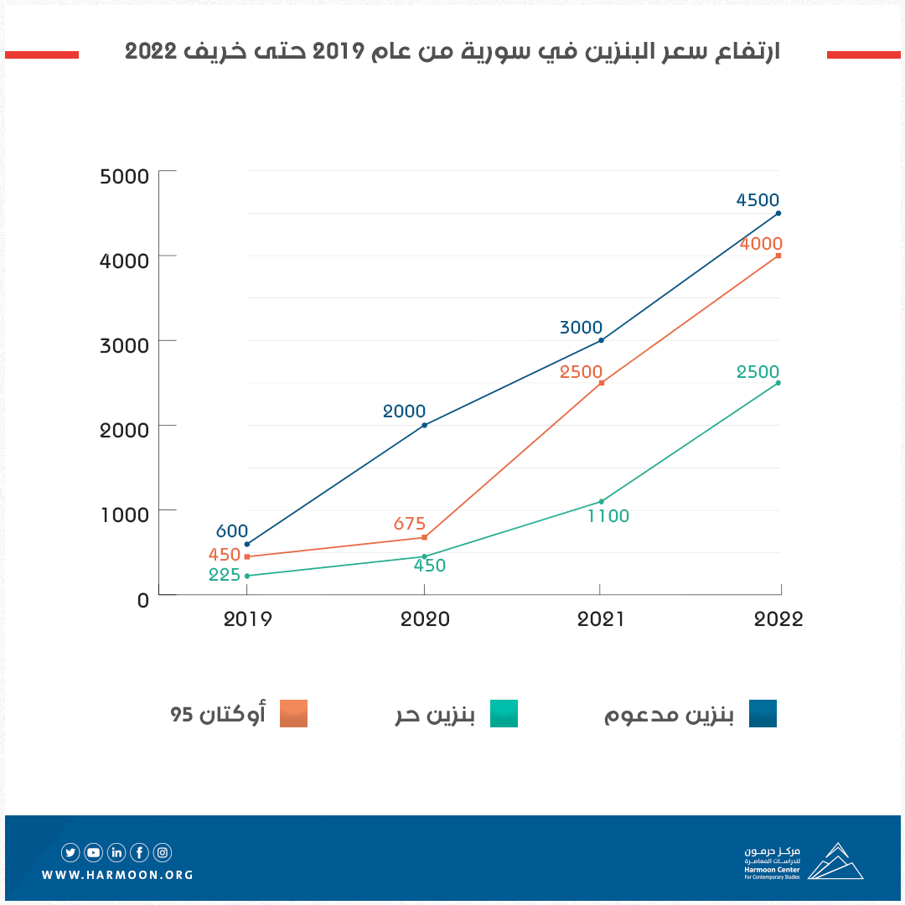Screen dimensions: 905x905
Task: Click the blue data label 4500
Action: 758,200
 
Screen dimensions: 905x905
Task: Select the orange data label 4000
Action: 761,244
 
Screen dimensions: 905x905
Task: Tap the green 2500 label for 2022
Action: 758,371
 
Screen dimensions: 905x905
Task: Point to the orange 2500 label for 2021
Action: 581,371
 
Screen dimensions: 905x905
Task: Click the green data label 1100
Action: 608,516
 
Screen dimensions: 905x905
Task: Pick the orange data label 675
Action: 410,524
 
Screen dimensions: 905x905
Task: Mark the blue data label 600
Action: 232,530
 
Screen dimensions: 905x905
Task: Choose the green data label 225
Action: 225,575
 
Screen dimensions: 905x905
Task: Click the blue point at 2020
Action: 425,425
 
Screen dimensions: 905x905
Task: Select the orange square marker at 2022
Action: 778,256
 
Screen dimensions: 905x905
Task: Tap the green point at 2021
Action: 602,501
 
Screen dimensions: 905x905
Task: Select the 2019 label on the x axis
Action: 247,619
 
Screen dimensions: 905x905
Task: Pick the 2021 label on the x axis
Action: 601,619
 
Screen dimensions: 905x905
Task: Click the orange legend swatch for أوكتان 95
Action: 294,713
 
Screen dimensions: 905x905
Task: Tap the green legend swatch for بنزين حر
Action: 504,713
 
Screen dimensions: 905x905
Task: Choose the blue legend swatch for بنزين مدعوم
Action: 763,713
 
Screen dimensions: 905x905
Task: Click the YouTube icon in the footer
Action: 93,853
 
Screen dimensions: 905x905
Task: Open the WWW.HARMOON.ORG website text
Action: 117,875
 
